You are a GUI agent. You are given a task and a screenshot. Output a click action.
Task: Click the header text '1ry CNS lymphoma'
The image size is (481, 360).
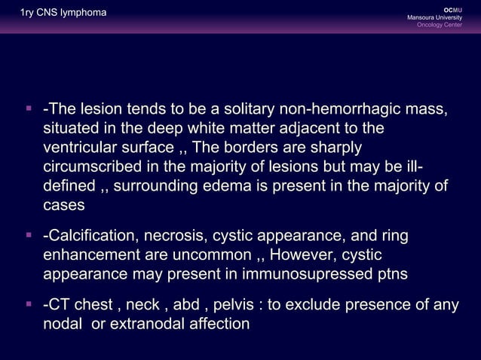53,13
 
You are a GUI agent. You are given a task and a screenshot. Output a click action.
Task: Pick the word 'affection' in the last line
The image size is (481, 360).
218,325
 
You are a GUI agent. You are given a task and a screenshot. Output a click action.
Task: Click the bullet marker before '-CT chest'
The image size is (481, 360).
28,305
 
